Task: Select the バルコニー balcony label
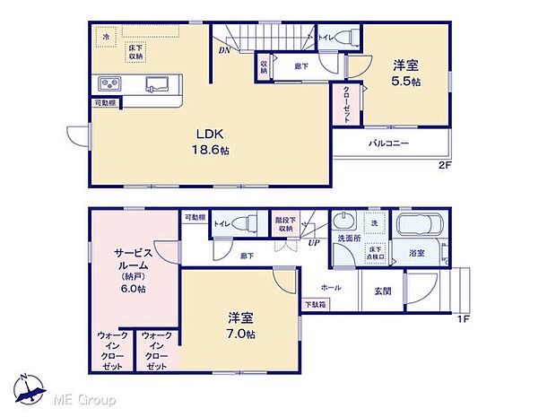pyautogui.click(x=388, y=143)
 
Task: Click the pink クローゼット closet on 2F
pyautogui.click(x=345, y=105)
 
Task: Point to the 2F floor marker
pyautogui.click(x=444, y=166)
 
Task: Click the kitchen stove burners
pyautogui.click(x=111, y=85)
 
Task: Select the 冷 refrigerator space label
pyautogui.click(x=106, y=37)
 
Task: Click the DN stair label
pyautogui.click(x=222, y=51)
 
